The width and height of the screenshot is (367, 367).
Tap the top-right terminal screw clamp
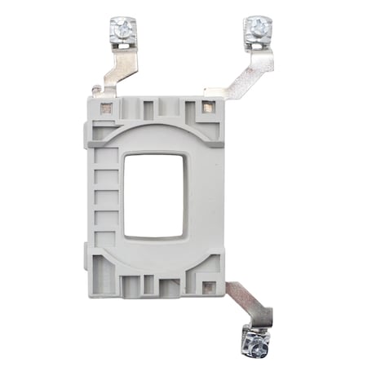coord(256,31)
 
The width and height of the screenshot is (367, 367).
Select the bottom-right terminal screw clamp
coord(254,342)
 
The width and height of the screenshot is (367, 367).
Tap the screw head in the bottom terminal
coord(255,347)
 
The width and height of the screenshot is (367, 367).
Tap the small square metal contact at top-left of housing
coord(105,107)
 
